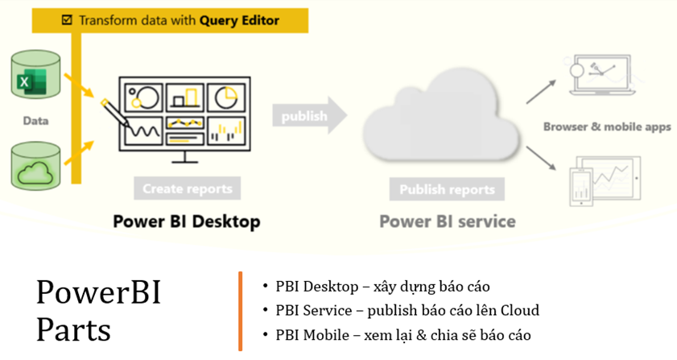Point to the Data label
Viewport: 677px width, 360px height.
click(35, 121)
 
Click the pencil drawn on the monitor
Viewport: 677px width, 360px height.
click(118, 114)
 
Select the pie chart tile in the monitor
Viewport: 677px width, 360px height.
click(229, 97)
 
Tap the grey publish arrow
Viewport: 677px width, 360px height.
click(310, 116)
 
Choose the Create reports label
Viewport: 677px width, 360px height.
click(187, 189)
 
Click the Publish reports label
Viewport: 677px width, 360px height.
click(447, 190)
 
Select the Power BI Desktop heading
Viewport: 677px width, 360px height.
click(187, 221)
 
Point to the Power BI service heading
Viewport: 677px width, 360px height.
click(448, 221)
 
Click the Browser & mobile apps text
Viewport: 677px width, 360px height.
click(607, 126)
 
